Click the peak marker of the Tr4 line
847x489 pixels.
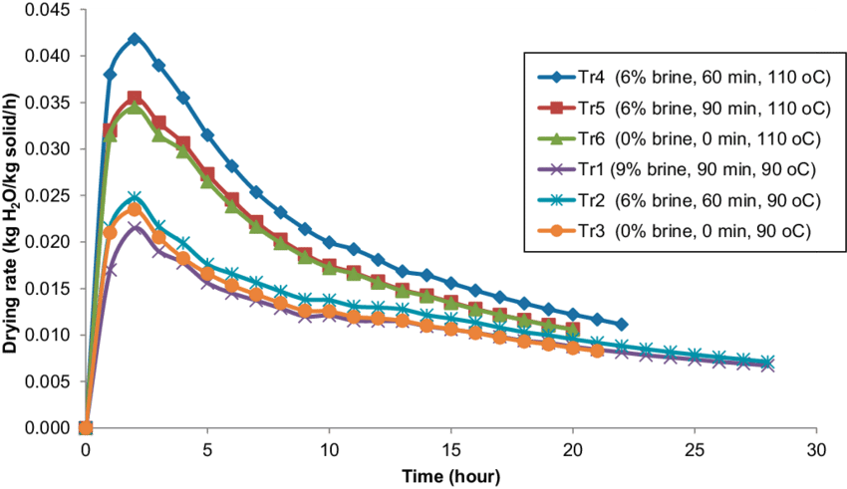click(135, 39)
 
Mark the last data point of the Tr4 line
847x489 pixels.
click(622, 325)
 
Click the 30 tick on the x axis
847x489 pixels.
click(816, 449)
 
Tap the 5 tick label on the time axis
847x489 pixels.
click(207, 449)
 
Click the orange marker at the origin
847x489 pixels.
click(86, 428)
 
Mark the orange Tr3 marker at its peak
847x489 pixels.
click(135, 209)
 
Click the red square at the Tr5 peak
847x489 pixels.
click(135, 99)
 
